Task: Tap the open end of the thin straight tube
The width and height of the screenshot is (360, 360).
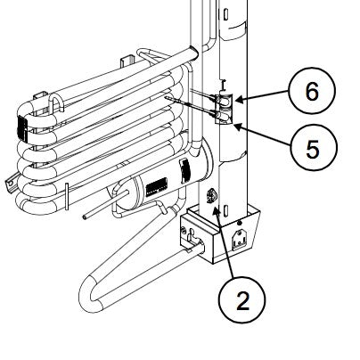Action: (83, 215)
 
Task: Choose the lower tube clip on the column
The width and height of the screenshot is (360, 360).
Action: (223, 113)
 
